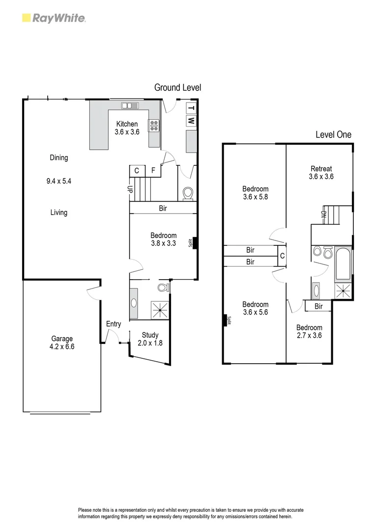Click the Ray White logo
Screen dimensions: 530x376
(x=54, y=18)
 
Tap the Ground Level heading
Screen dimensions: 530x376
(x=177, y=87)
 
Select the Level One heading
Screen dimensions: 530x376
(x=333, y=134)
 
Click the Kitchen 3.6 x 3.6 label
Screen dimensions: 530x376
(x=127, y=128)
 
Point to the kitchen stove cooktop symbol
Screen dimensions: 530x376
(x=154, y=126)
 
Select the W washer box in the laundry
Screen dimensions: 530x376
(x=191, y=120)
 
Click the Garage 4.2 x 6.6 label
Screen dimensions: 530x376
(x=62, y=342)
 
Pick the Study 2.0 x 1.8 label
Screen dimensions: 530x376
(x=150, y=339)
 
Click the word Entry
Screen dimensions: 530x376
(x=114, y=324)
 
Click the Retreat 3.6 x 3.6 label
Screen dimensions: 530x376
(x=321, y=173)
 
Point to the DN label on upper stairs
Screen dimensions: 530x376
(x=323, y=214)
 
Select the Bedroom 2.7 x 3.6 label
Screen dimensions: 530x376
(x=309, y=331)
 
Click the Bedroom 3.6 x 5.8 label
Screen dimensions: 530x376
(x=255, y=193)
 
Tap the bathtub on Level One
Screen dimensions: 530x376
(x=343, y=264)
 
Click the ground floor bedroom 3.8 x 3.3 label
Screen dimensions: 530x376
(x=164, y=239)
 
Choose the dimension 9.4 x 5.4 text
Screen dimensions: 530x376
(x=59, y=181)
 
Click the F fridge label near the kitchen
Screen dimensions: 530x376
(x=153, y=171)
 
